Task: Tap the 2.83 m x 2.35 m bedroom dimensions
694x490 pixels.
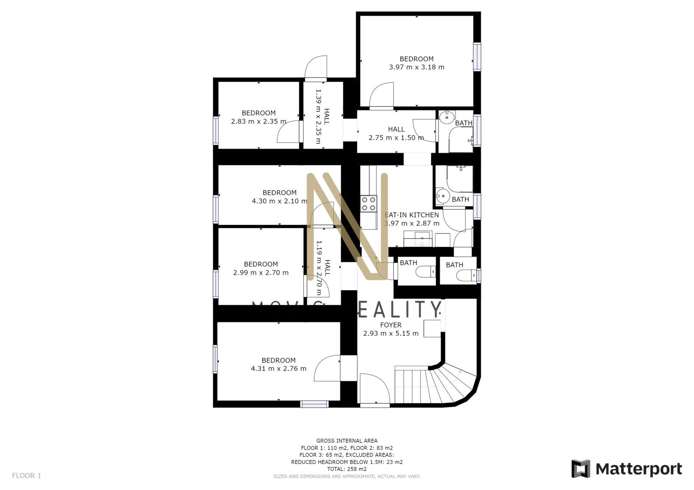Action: click(259, 121)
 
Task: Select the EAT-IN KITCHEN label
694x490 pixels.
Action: click(412, 215)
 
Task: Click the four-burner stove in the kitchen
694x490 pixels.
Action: click(369, 204)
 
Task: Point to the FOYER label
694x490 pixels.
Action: click(390, 325)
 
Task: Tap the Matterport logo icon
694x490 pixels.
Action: click(580, 469)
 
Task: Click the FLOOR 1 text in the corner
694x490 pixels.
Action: click(26, 475)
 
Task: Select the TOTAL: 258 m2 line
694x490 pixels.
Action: click(347, 469)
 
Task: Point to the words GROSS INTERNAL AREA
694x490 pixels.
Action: click(347, 441)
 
